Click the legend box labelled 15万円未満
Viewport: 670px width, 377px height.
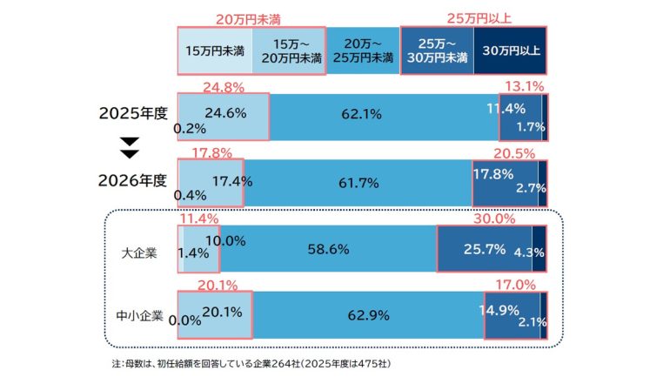[x=214, y=50]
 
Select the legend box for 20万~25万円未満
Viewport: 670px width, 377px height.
[x=361, y=50]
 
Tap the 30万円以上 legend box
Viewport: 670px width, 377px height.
[x=511, y=50]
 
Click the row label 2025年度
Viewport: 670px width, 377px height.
[x=132, y=113]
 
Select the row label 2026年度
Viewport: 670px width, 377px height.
[x=132, y=181]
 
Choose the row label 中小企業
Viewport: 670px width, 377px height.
[x=139, y=315]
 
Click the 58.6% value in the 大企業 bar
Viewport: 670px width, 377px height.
[x=328, y=249]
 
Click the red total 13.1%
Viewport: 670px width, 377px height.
[x=526, y=86]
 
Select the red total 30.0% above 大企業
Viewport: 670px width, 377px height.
[x=493, y=219]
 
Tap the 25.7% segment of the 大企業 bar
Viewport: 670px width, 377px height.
[x=485, y=250]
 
